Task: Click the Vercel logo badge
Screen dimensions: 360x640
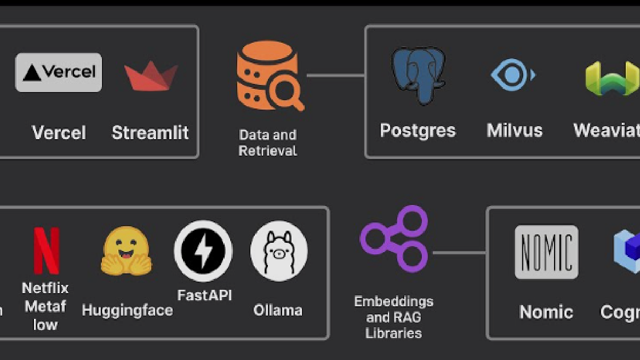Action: point(59,72)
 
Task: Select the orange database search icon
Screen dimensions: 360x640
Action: point(269,75)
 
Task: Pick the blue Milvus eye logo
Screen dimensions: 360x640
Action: point(513,75)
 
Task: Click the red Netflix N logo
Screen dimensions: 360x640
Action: point(46,250)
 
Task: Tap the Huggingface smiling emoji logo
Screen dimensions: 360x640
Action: point(126,251)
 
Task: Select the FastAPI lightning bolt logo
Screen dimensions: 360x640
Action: point(203,251)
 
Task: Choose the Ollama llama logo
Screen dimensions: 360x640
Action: point(279,251)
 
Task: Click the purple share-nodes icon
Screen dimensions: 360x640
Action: point(395,238)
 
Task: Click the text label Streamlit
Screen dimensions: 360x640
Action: point(150,132)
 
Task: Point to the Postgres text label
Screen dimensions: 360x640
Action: point(418,131)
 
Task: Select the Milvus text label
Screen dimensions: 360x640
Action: point(514,131)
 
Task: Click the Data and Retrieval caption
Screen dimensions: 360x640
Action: point(268,143)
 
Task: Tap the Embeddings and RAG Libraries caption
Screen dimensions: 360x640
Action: point(394,317)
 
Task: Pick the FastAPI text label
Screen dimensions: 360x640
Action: point(204,295)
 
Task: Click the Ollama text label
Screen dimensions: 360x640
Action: point(278,310)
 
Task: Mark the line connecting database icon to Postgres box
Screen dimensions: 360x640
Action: point(336,75)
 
